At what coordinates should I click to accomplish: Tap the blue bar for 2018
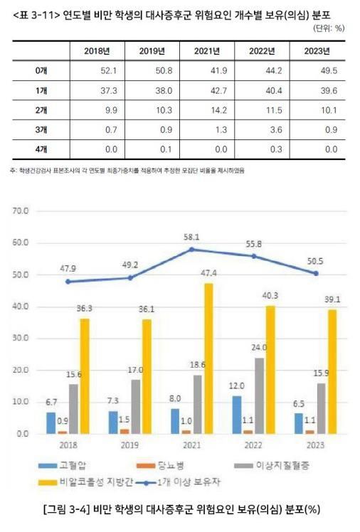(51, 422)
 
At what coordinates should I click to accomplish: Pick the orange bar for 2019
(125, 431)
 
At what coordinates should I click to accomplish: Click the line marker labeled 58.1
(190, 250)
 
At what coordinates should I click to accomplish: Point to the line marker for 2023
(315, 273)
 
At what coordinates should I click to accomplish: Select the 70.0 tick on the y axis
(20, 211)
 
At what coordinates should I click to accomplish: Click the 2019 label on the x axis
(129, 446)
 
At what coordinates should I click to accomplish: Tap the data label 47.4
(208, 273)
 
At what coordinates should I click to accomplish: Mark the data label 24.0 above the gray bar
(258, 348)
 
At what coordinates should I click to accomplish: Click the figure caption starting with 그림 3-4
(180, 510)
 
